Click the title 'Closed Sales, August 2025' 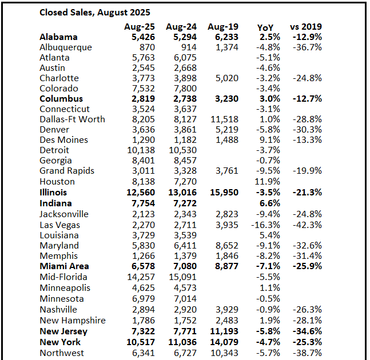click(94, 11)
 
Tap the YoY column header click(265, 26)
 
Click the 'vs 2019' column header click(306, 26)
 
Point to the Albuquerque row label click(66, 47)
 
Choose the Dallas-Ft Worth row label click(73, 119)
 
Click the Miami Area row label click(65, 266)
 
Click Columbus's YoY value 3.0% click(269, 99)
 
